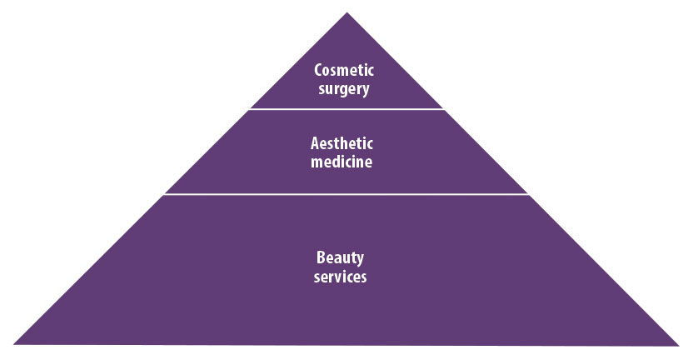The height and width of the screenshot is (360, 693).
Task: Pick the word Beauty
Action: [342, 258]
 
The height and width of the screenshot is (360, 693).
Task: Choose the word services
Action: [342, 277]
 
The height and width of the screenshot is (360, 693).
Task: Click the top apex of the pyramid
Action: [346, 12]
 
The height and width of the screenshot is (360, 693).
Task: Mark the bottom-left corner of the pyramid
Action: [15, 344]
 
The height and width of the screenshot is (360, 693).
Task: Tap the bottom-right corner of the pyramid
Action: [679, 344]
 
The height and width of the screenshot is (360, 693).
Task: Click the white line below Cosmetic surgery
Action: [346, 108]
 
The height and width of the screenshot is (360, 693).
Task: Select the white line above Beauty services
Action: [346, 194]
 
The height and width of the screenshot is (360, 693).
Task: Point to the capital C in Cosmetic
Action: [317, 71]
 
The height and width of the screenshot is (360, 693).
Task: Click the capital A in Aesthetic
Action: [316, 144]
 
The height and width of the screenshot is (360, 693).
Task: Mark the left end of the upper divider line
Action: [251, 108]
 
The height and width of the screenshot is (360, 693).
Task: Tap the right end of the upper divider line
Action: [444, 108]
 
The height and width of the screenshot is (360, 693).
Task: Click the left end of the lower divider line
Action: [164, 194]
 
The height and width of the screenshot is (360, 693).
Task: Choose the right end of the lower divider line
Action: [529, 194]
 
